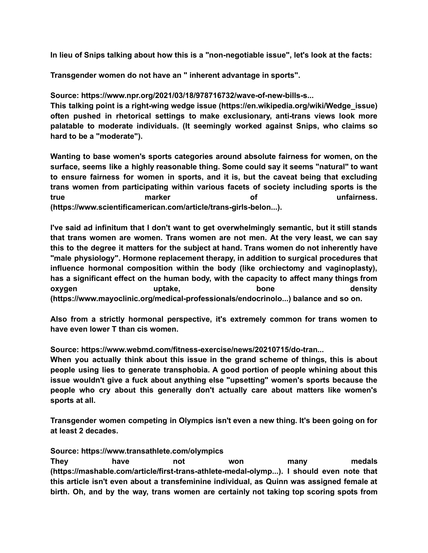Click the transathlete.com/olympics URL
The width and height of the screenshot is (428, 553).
pyautogui.click(x=152, y=451)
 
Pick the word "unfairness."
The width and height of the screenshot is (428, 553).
pyautogui.click(x=357, y=197)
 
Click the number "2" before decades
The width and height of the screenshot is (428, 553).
pyautogui.click(x=80, y=431)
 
